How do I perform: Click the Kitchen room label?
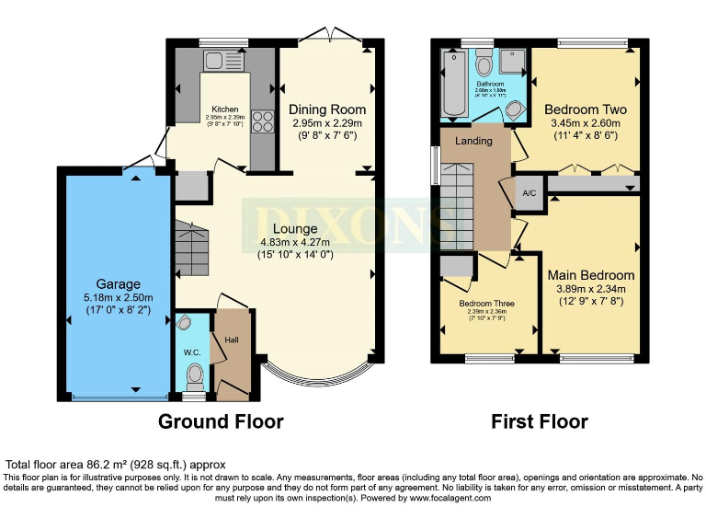pyautogui.click(x=225, y=108)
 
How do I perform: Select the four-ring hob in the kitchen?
pyautogui.click(x=260, y=121)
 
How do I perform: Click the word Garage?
pyautogui.click(x=119, y=283)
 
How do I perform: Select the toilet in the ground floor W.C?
pyautogui.click(x=194, y=376)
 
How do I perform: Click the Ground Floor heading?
pyautogui.click(x=221, y=421)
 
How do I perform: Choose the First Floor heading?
pyautogui.click(x=540, y=421)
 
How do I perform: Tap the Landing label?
pyautogui.click(x=474, y=141)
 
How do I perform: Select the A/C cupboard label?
pyautogui.click(x=529, y=193)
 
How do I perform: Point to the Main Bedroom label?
pyautogui.click(x=591, y=274)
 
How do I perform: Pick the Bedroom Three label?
pyautogui.click(x=487, y=303)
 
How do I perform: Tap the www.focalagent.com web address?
pyautogui.click(x=448, y=498)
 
